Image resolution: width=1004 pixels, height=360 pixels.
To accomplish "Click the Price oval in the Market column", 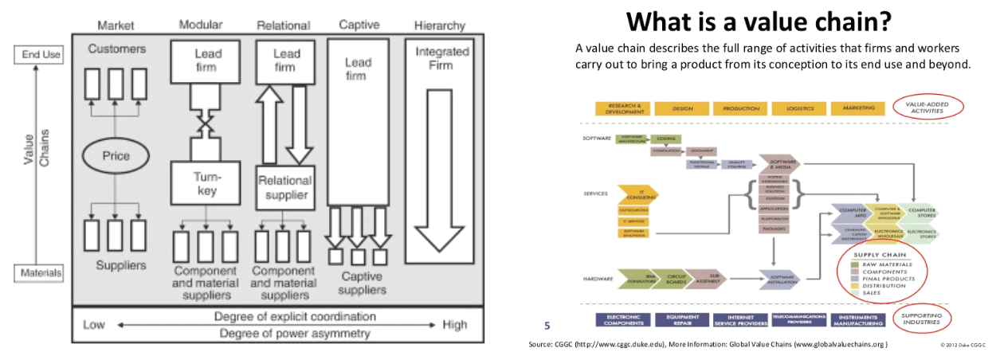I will click(116, 156).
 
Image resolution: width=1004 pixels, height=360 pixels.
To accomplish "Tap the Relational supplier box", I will click(284, 186).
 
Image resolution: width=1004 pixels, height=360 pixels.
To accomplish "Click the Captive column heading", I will click(359, 25).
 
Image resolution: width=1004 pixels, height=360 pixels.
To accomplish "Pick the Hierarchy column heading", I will click(439, 25).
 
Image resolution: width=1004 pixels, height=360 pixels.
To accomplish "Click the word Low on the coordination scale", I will click(94, 325).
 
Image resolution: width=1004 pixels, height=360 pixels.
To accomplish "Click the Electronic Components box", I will click(624, 319).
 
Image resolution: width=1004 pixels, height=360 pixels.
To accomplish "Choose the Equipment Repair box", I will click(683, 319).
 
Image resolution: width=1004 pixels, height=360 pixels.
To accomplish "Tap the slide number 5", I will click(547, 325).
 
